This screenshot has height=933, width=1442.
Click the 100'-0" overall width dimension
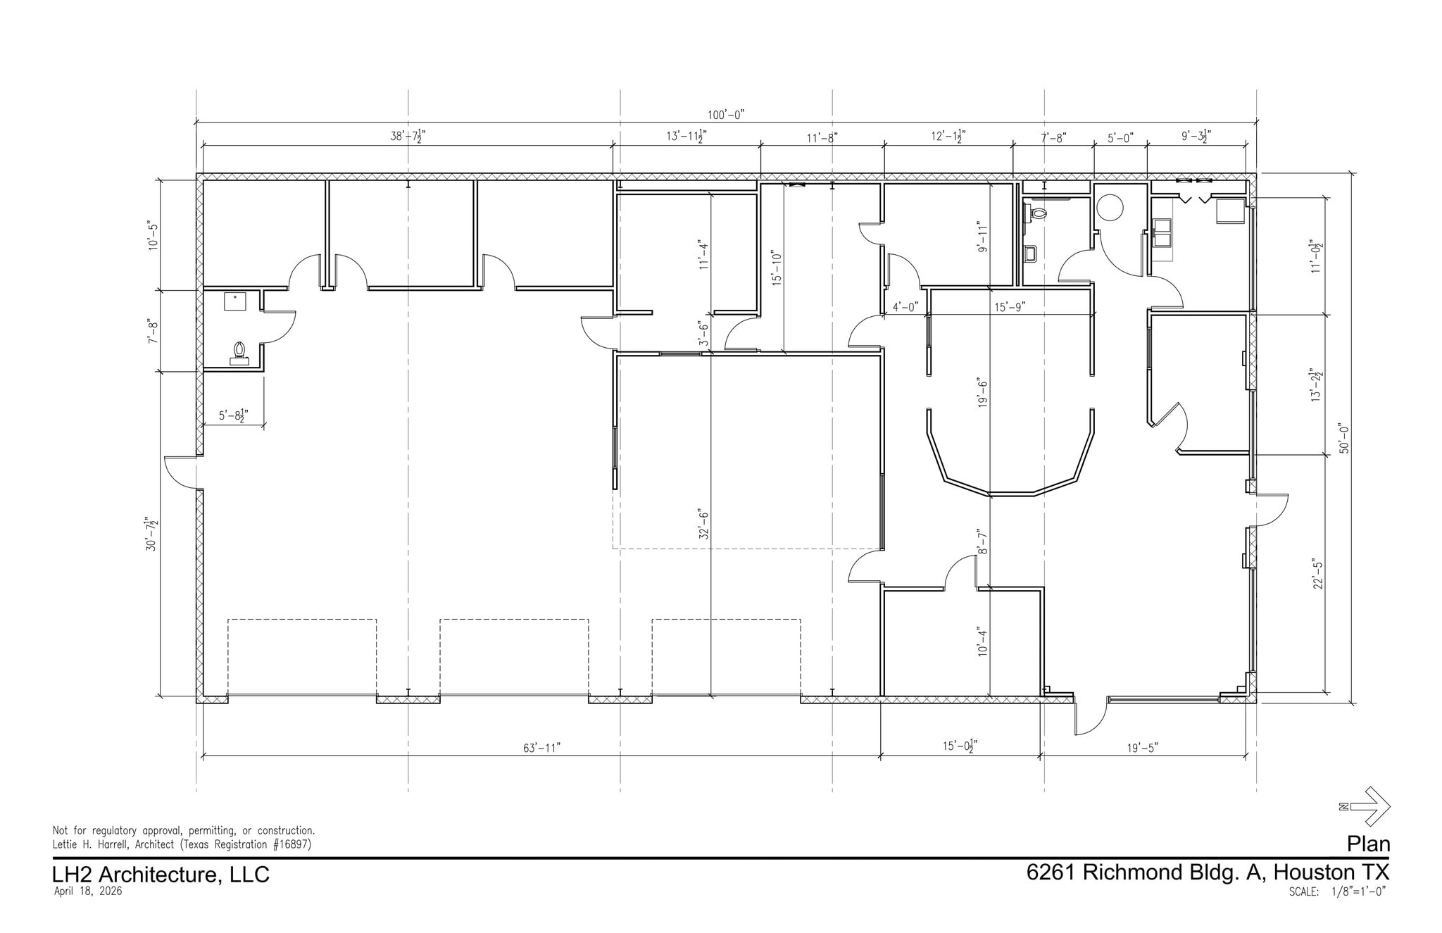pos(726,114)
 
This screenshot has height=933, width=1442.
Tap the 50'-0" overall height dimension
pos(1344,438)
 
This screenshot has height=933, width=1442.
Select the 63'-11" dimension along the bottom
pos(541,748)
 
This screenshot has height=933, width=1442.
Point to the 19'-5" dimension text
pos(1142,748)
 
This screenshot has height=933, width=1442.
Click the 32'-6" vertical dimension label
pos(703,524)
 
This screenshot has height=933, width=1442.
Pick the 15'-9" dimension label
pos(1010,306)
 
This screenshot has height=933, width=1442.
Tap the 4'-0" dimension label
pos(905,306)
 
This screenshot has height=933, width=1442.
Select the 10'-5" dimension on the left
pos(153,236)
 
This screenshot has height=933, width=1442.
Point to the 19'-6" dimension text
pos(983,393)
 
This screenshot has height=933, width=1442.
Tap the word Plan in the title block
pos(1369,844)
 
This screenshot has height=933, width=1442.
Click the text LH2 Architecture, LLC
pos(161,875)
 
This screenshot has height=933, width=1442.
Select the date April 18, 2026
pos(88,891)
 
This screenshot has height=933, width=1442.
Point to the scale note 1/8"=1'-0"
pos(1358,891)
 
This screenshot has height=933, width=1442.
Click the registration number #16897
pos(289,844)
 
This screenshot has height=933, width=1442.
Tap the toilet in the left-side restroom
pos(239,353)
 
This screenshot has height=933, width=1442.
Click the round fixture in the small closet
pos(1110,207)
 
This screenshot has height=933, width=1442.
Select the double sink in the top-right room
pos(1162,233)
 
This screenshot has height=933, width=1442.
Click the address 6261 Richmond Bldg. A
pos(1147,872)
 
